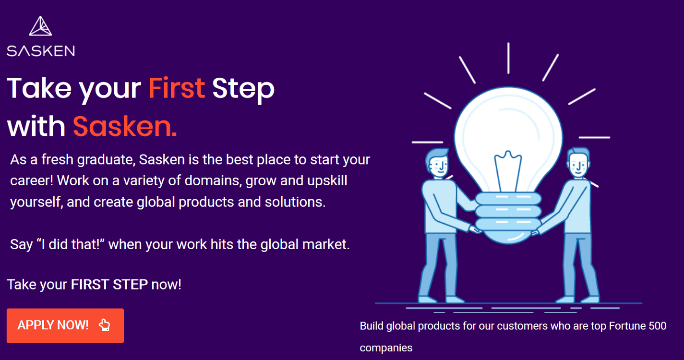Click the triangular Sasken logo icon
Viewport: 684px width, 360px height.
pyautogui.click(x=40, y=26)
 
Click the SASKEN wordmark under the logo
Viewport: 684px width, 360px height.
pyautogui.click(x=41, y=51)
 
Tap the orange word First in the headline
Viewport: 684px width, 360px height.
pyautogui.click(x=177, y=88)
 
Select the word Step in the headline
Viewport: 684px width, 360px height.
pyautogui.click(x=243, y=90)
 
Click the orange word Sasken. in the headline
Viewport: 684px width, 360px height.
pyautogui.click(x=125, y=126)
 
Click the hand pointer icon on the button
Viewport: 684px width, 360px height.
pyautogui.click(x=105, y=325)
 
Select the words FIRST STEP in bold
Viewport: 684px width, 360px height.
pyautogui.click(x=109, y=284)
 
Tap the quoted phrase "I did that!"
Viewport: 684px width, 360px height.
pyautogui.click(x=71, y=244)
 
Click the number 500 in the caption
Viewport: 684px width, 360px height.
pyautogui.click(x=658, y=326)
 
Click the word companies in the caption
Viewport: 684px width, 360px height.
pyautogui.click(x=386, y=348)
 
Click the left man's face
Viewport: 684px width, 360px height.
pyautogui.click(x=439, y=166)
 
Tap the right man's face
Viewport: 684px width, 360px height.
pyautogui.click(x=578, y=165)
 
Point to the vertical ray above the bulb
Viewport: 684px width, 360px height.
pyautogui.click(x=508, y=58)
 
